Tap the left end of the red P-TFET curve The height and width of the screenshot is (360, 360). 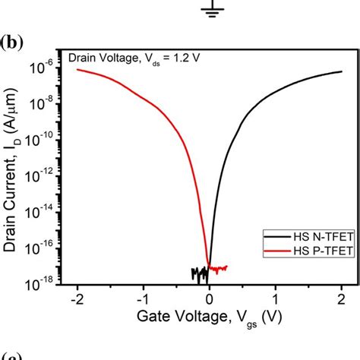pyautogui.click(x=77, y=69)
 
